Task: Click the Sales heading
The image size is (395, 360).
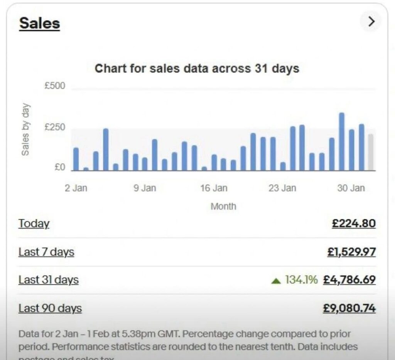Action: [x=39, y=23]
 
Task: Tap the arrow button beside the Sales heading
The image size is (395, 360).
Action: [x=371, y=22]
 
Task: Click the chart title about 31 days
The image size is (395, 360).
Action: [x=197, y=69]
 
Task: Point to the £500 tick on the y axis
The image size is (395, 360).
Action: [x=55, y=86]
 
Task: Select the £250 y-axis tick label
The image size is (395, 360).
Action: [x=55, y=128]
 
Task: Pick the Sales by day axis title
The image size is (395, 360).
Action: [x=25, y=129]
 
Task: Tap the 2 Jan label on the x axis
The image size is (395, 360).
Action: [x=76, y=188]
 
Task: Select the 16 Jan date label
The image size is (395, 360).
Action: [x=214, y=188]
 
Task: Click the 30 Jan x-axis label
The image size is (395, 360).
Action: [x=351, y=188]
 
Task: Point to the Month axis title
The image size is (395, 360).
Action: [x=223, y=206]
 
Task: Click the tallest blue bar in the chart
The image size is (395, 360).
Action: [x=341, y=141]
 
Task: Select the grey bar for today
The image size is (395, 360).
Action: [x=370, y=152]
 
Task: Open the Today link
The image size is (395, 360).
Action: [x=34, y=224]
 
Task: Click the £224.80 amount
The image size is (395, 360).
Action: [x=353, y=224]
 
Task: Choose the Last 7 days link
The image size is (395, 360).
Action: [x=46, y=252]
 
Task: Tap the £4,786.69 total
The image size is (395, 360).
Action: [x=349, y=280]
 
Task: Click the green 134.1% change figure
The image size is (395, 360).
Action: [x=301, y=280]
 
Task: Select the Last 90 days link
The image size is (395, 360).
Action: [x=50, y=308]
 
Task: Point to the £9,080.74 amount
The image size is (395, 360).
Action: [x=349, y=308]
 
